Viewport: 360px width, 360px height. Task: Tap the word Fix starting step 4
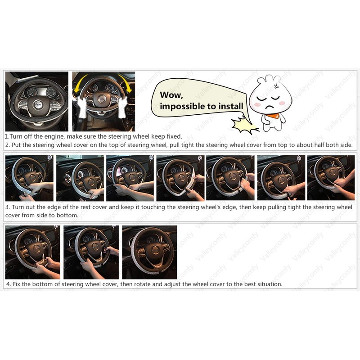(x=17, y=284)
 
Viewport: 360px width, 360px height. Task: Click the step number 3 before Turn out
(x=7, y=207)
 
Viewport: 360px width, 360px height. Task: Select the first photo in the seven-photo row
(x=29, y=178)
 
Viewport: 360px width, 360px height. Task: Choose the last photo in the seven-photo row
(x=331, y=178)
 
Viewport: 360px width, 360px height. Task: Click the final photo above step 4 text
(x=149, y=252)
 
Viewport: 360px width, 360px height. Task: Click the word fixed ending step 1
(x=173, y=136)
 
